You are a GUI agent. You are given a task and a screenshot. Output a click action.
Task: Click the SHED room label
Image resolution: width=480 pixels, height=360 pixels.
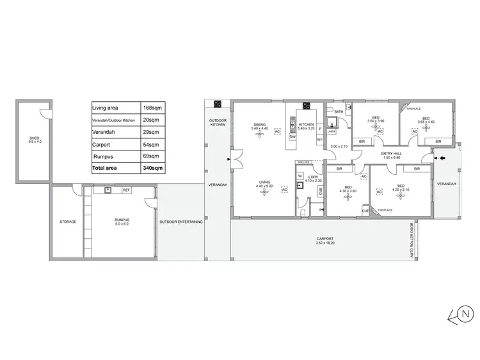coord(35,139)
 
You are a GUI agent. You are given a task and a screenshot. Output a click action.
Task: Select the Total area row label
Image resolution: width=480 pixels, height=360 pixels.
coord(105,168)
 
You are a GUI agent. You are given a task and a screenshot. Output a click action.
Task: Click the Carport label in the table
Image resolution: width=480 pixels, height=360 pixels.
coord(101,145)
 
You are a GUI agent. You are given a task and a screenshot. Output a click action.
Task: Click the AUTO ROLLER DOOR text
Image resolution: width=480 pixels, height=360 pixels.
coord(412,241)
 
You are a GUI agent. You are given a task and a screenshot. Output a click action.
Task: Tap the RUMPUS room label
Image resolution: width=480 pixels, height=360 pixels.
coord(122,221)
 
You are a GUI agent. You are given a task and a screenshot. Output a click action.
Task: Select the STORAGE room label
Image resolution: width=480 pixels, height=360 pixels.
coord(68,222)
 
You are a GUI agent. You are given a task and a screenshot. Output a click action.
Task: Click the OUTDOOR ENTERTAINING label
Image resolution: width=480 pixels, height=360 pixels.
coord(181,222)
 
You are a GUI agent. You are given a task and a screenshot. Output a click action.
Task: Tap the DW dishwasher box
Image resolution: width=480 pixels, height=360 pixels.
coord(292,137)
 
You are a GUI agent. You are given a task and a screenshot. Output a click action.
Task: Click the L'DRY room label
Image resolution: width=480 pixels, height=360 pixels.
coord(313,177)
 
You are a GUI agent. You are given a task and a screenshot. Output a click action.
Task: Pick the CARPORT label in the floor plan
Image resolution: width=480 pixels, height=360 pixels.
coord(325,240)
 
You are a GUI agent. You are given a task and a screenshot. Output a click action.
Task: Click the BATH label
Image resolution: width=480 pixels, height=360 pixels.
coord(339,113)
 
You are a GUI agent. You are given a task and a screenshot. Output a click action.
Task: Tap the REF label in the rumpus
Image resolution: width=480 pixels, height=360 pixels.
coord(126,190)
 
